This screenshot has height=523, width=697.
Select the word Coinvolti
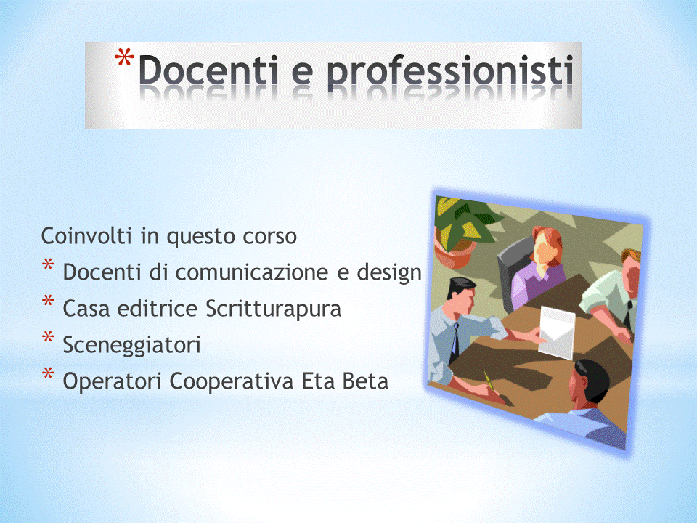coord(86,235)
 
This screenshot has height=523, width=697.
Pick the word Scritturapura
coord(274,309)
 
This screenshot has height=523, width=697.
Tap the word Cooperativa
coord(231,381)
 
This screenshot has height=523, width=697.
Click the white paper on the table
coord(557,332)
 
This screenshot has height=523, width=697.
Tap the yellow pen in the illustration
coord(489,381)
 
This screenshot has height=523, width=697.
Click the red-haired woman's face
coord(543,252)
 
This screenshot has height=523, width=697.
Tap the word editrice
coord(158,309)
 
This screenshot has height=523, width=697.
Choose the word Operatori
coord(112,381)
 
